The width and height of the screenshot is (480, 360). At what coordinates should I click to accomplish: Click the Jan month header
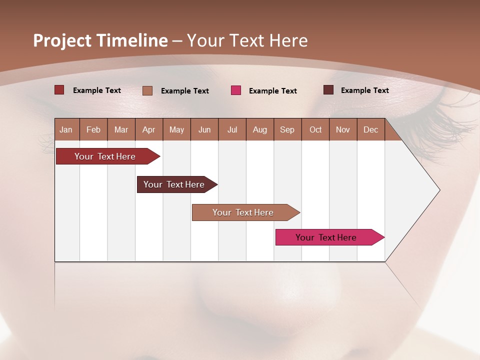pyautogui.click(x=66, y=129)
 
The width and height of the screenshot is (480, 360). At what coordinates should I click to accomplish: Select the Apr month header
pyautogui.click(x=148, y=129)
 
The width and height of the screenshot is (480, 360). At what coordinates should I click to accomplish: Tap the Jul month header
pyautogui.click(x=232, y=129)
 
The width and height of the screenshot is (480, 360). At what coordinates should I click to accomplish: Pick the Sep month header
pyautogui.click(x=287, y=129)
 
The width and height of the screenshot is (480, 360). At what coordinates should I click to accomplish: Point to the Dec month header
pyautogui.click(x=370, y=129)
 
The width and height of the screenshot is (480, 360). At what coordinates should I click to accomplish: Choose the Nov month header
pyautogui.click(x=342, y=129)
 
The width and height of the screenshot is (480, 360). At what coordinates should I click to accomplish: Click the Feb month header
pyautogui.click(x=93, y=129)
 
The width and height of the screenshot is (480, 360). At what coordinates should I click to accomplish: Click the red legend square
pyautogui.click(x=59, y=90)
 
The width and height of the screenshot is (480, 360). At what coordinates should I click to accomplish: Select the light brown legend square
pyautogui.click(x=147, y=90)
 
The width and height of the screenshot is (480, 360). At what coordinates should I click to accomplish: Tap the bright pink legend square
pyautogui.click(x=236, y=90)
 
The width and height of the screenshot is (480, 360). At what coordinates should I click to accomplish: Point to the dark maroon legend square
pyautogui.click(x=328, y=90)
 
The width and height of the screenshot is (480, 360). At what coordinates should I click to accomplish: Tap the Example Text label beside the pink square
pyautogui.click(x=272, y=91)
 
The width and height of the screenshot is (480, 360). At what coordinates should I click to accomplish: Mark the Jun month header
pyautogui.click(x=204, y=129)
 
